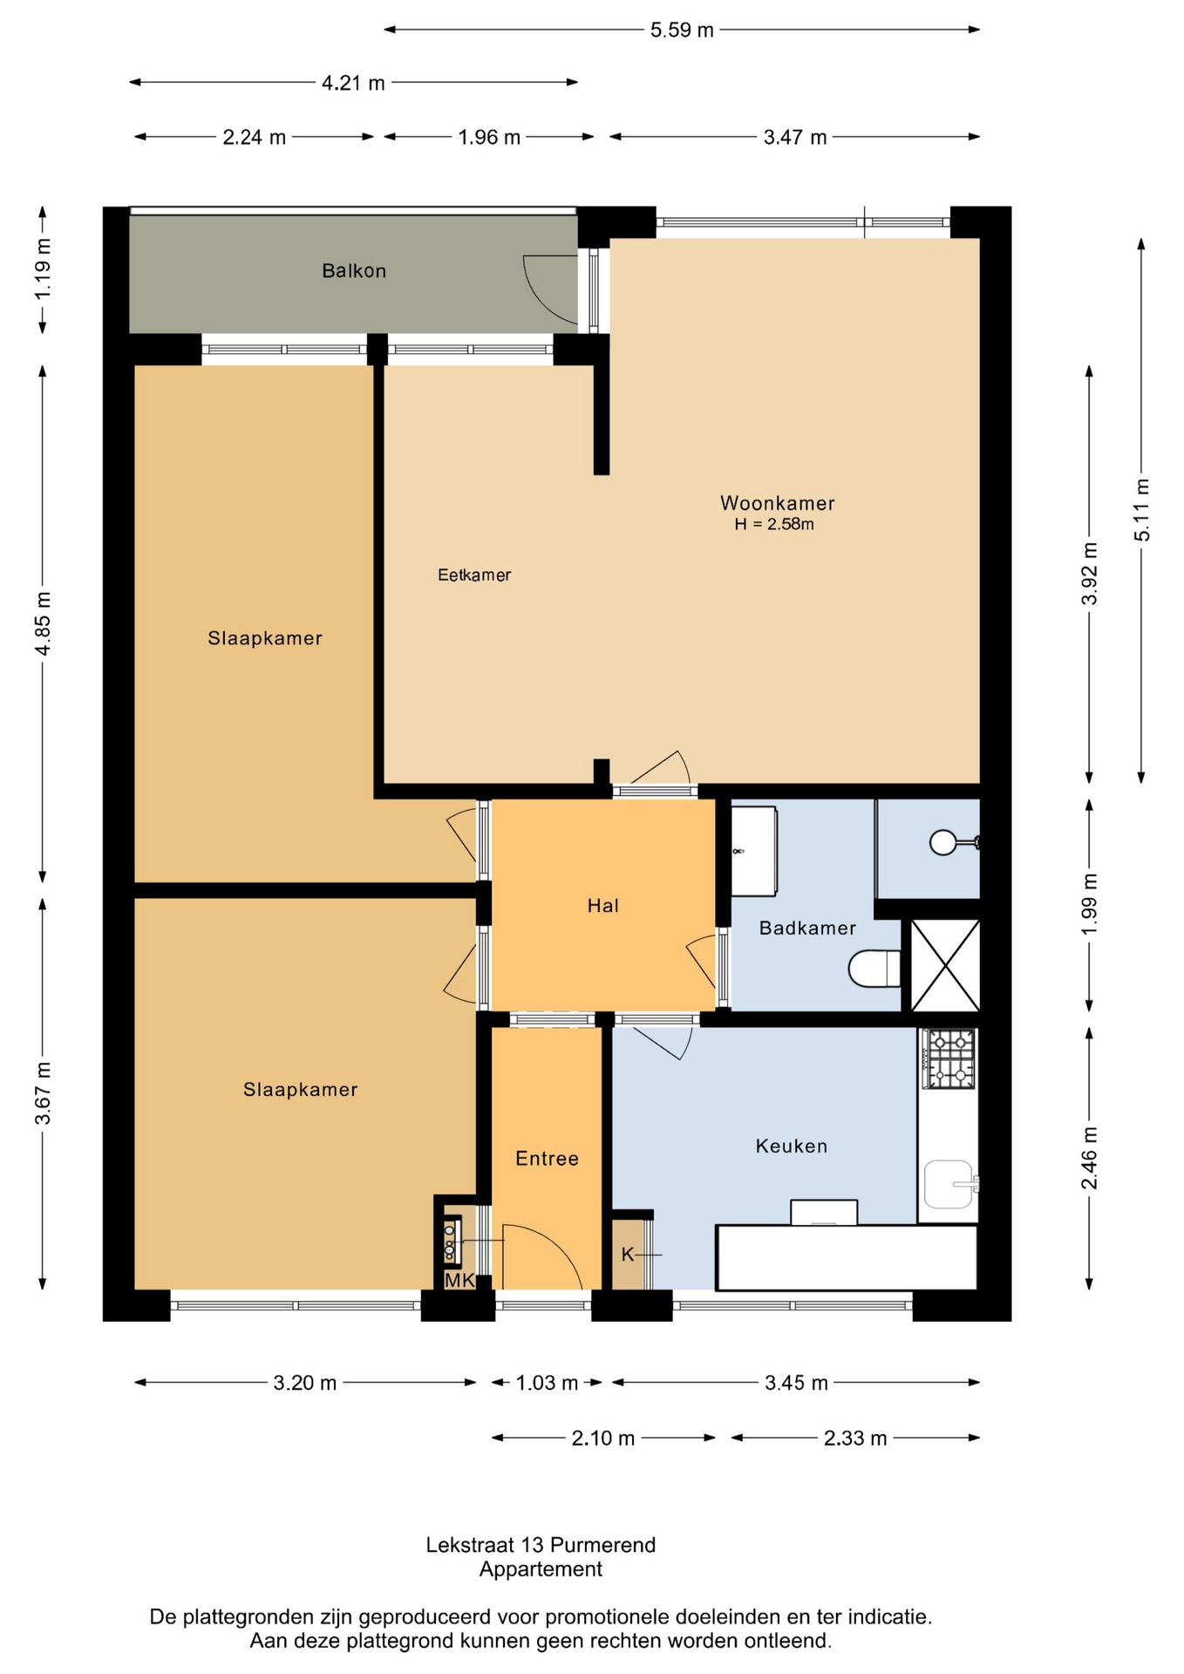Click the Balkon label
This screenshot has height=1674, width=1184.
[354, 271]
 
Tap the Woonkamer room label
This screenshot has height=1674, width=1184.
[778, 503]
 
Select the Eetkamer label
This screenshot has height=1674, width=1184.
[474, 575]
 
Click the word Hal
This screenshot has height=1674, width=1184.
[602, 906]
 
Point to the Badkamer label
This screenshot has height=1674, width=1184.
[807, 928]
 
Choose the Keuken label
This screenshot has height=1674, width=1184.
[792, 1146]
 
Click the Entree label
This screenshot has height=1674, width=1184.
[547, 1159]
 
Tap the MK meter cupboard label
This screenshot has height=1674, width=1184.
[460, 1280]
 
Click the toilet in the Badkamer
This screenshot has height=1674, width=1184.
[874, 969]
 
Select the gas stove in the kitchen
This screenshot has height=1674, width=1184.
[950, 1058]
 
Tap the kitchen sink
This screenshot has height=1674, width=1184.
[950, 1184]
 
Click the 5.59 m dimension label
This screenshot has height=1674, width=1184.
[682, 31]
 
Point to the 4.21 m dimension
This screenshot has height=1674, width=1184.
[353, 83]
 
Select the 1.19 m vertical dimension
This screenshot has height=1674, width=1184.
[43, 269]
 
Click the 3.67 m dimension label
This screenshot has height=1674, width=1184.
[43, 1093]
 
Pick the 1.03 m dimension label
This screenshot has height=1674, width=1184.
[547, 1383]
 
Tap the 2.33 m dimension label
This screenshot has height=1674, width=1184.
[855, 1439]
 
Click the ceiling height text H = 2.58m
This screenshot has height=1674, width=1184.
[774, 524]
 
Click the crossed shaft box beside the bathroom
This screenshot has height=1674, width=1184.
[945, 965]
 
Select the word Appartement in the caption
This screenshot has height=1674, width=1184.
[541, 1569]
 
